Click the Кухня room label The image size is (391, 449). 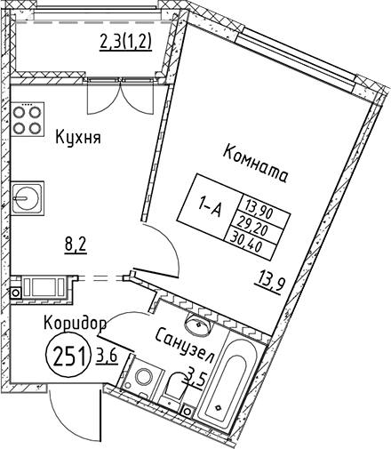[78, 139]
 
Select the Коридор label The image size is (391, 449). [76, 323]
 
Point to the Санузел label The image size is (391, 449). [184, 346]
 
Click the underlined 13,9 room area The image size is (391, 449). [270, 285]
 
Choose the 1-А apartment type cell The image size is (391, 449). [210, 208]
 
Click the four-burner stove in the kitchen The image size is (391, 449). [28, 119]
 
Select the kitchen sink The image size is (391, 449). [28, 198]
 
